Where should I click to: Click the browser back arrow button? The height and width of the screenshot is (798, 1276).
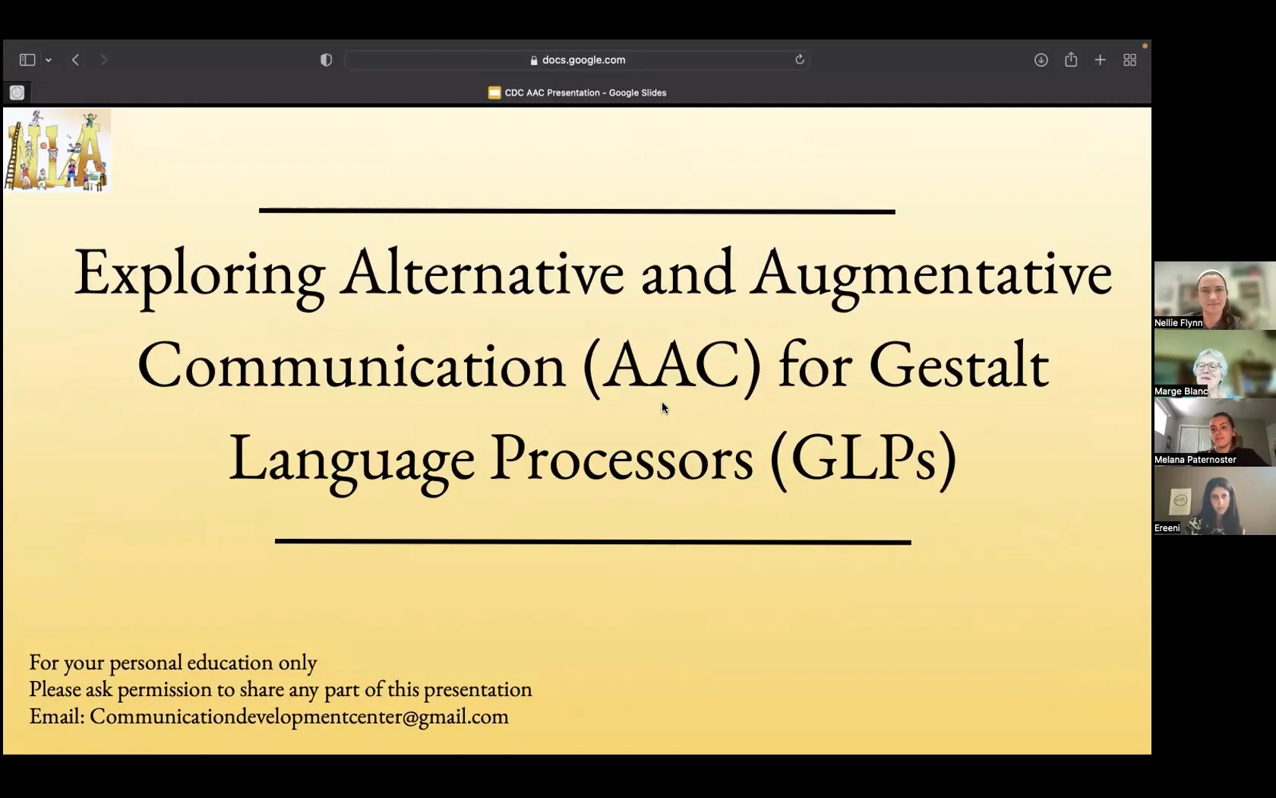[75, 60]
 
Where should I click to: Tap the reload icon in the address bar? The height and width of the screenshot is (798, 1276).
[799, 60]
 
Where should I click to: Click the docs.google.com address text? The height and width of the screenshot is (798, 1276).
[583, 60]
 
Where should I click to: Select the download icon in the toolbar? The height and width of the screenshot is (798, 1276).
[1041, 60]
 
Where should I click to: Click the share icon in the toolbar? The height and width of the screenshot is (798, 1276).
[1071, 60]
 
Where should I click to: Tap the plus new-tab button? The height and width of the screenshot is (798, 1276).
[1100, 60]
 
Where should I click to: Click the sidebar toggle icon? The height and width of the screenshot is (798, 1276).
[27, 60]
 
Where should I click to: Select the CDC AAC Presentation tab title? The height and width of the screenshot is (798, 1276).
[585, 93]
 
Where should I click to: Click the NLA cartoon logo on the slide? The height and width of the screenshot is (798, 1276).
[57, 150]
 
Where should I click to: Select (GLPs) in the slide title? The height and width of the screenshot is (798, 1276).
[863, 458]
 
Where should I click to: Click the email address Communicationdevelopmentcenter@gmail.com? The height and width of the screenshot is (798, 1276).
[299, 717]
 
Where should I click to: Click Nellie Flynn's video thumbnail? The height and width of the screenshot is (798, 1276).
[1214, 293]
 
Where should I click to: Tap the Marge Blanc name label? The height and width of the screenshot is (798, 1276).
[1181, 391]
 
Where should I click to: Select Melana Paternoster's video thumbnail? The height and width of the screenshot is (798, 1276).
[1214, 429]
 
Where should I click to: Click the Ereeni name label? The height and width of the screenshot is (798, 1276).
[1167, 528]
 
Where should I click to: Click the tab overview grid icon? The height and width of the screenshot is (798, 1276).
[1129, 60]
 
